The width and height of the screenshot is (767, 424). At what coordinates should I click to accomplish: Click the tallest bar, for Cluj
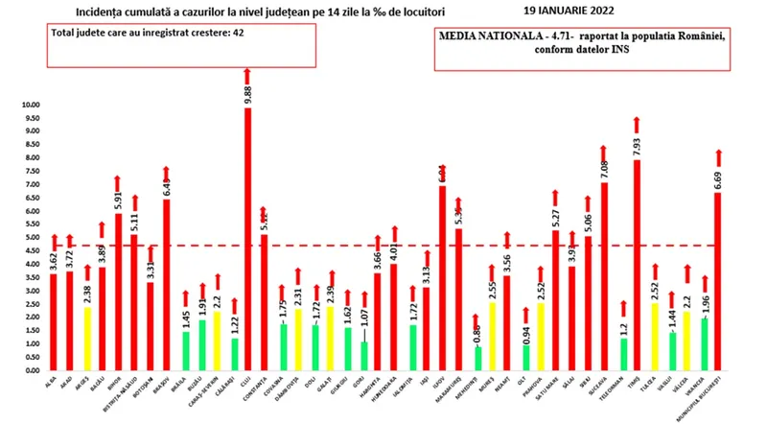pos(247,240)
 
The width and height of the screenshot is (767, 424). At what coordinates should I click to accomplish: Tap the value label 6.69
pos(718,178)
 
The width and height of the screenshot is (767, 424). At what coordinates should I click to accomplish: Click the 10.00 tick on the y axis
pos(31,105)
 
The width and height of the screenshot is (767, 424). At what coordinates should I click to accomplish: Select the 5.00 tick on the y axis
pos(31,238)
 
